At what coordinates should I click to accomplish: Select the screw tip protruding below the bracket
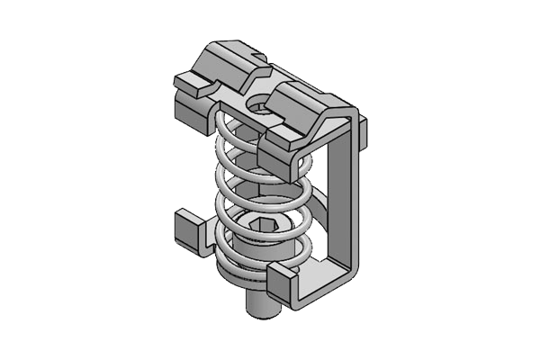(x=261, y=308)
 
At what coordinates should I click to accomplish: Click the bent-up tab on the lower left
(x=185, y=229)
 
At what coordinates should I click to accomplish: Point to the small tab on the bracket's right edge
(x=367, y=135)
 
